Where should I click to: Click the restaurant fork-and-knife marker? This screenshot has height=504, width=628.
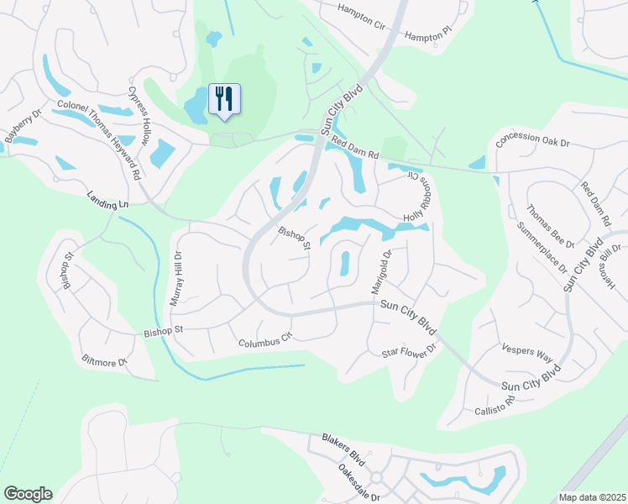point(223,98)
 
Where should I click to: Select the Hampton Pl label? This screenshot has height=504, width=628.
point(427,36)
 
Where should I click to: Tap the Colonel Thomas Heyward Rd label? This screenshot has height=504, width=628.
point(98,139)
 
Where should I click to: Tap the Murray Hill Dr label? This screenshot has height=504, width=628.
point(177,276)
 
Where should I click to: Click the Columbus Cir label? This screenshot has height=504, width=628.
point(264,340)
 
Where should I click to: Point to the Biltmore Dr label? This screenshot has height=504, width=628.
point(104,362)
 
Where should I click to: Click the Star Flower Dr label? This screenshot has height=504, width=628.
point(410,350)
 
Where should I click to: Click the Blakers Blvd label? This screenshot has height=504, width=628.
point(345,445)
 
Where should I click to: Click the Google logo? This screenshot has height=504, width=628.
point(28,494)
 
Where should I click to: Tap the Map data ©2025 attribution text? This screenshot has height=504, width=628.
point(591,497)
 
